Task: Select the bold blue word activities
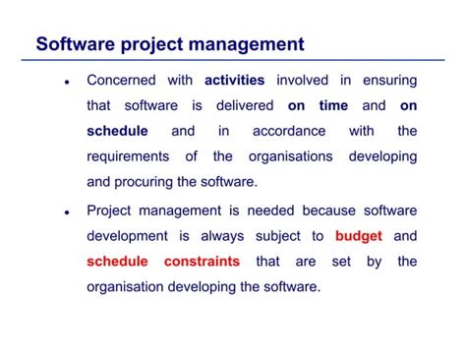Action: (x=235, y=80)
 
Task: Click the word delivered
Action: (x=242, y=105)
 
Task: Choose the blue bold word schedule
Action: (x=117, y=131)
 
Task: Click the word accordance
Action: (x=289, y=131)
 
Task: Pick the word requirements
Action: (x=134, y=156)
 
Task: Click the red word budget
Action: (x=358, y=236)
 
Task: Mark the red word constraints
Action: (x=202, y=262)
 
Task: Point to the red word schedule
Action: (x=117, y=262)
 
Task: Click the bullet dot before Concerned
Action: (x=65, y=83)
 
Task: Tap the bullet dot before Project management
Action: (x=65, y=212)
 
